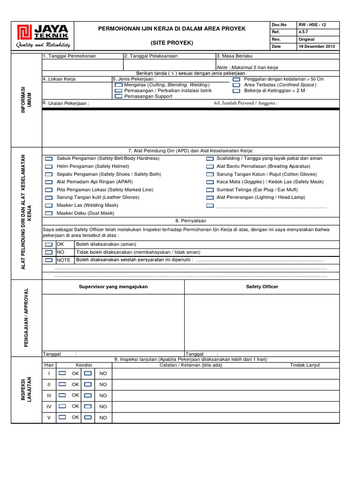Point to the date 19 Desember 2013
click(x=317, y=46)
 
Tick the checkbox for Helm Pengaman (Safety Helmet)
click(x=49, y=166)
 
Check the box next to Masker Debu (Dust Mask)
click(x=49, y=213)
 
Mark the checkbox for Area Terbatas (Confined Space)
click(x=236, y=85)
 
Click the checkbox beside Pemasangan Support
click(x=118, y=96)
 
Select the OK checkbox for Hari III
click(x=62, y=395)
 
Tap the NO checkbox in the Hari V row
click(x=88, y=417)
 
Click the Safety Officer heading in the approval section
click(x=262, y=286)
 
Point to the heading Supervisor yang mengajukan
click(x=113, y=286)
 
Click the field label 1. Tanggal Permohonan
click(x=69, y=56)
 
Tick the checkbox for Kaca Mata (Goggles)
click(x=210, y=182)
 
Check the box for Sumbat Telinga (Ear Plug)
click(x=210, y=190)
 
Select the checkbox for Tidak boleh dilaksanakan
click(x=49, y=252)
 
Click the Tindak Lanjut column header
click(x=305, y=365)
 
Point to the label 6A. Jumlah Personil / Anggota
click(x=245, y=103)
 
